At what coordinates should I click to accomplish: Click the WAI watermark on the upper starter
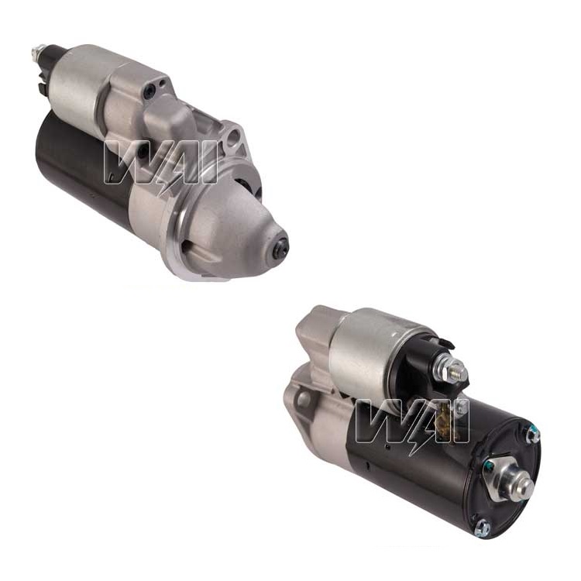(x=160, y=163)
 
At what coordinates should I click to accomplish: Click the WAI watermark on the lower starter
(x=412, y=421)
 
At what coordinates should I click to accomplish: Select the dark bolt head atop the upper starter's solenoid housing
(x=150, y=88)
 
